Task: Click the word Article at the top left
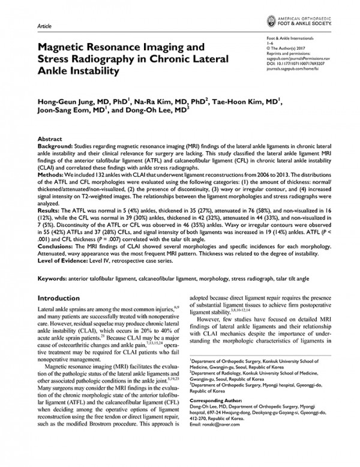coord(44,28)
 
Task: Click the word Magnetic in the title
coord(66,47)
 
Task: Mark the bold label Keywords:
coord(55,279)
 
